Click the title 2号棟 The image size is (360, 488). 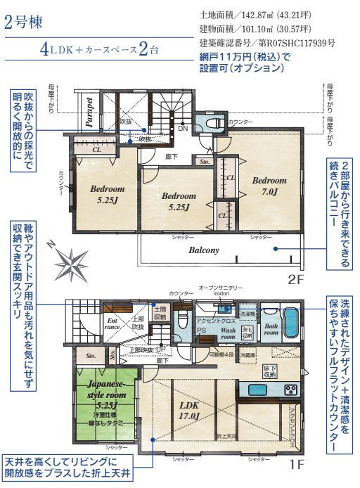pyautogui.click(x=24, y=21)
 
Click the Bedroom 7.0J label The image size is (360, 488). pyautogui.click(x=269, y=186)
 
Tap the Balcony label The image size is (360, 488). pyautogui.click(x=203, y=250)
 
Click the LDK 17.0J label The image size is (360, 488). pyautogui.click(x=191, y=411)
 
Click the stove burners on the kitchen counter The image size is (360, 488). pyautogui.click(x=289, y=389)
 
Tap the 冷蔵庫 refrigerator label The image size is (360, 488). pyautogui.click(x=246, y=356)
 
